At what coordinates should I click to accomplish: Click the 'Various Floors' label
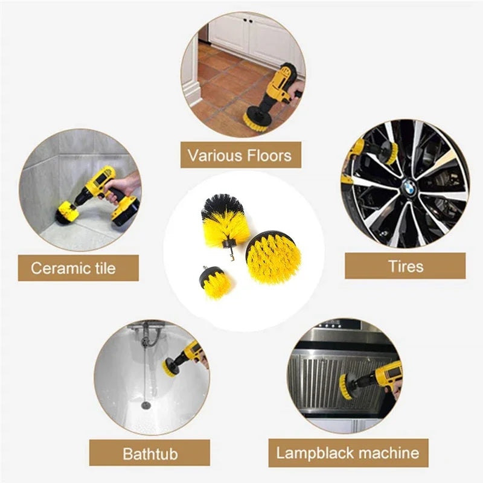[240, 155]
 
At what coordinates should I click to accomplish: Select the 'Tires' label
[405, 266]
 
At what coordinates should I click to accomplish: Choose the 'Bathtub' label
[150, 453]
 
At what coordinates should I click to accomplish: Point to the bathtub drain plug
[146, 403]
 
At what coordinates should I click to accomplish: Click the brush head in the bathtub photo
[171, 365]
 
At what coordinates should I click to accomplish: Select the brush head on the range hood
[346, 386]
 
